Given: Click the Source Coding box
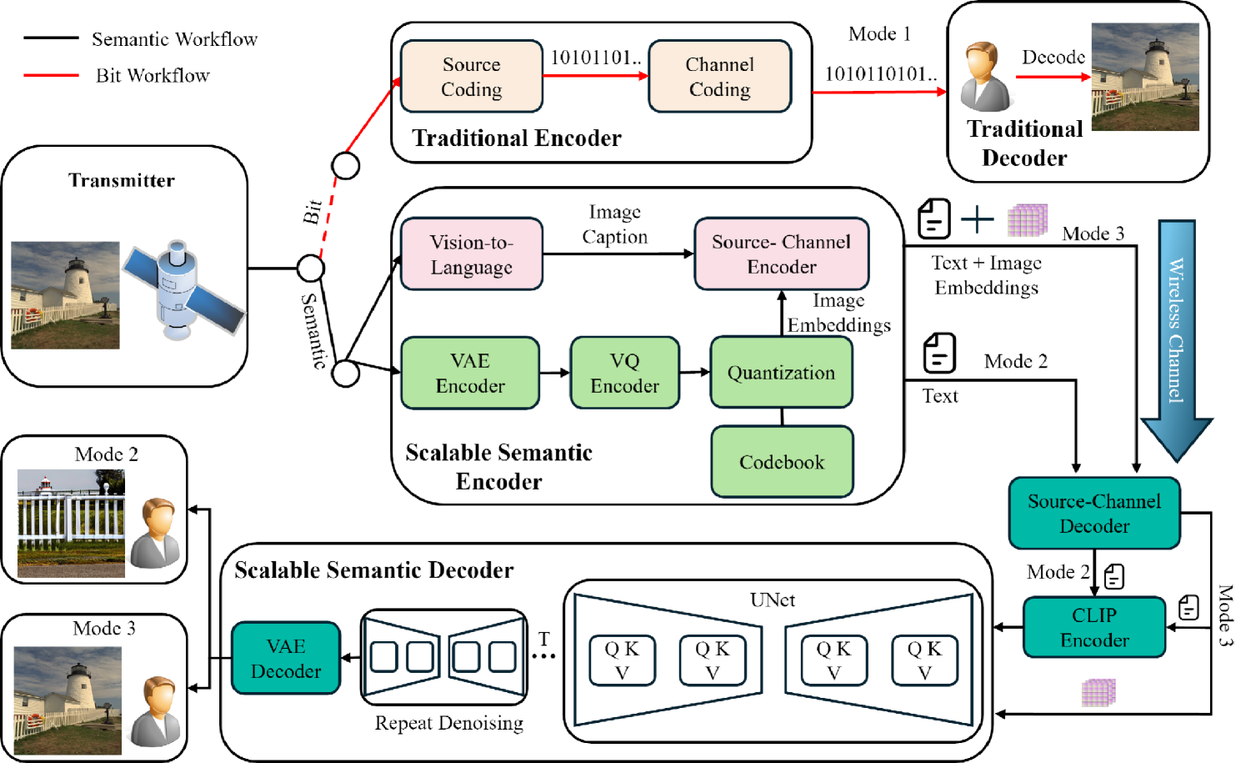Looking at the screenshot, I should tap(471, 77).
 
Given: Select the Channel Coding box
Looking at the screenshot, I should tap(719, 77).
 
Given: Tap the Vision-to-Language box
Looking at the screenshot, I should tap(471, 254).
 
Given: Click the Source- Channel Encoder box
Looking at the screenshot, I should tap(781, 254).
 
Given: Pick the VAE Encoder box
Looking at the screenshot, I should tap(470, 373).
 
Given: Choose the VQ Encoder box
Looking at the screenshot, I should tap(624, 373).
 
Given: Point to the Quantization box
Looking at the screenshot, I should tap(781, 373).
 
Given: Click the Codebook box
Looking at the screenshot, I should tap(781, 462).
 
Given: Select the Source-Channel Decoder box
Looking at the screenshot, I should tap(1093, 514).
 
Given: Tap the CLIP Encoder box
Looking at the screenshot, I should tap(1093, 627).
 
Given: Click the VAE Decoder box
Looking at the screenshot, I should tap(286, 658).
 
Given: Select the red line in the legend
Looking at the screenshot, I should tap(51, 76).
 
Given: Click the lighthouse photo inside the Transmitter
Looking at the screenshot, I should tap(65, 295).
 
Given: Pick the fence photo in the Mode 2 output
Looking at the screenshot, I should tap(71, 523).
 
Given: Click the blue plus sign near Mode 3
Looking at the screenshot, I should tap(977, 220).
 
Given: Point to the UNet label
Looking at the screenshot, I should tap(772, 600).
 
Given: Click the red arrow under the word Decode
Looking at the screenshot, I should tap(1053, 78).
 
